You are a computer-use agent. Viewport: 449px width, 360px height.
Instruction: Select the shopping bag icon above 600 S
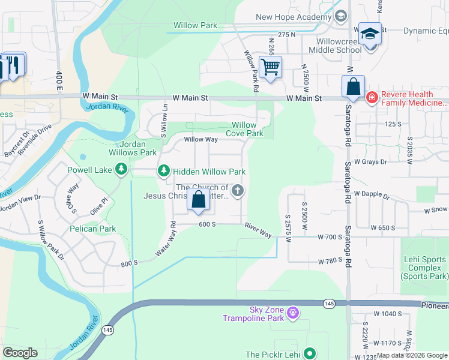[199, 200]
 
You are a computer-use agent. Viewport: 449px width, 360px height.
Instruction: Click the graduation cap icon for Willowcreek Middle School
[370, 34]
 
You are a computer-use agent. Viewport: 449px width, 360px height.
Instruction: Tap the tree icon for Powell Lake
[122, 170]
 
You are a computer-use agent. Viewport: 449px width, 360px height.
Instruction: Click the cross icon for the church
[238, 191]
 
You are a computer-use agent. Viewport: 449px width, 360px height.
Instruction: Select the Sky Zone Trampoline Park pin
[292, 312]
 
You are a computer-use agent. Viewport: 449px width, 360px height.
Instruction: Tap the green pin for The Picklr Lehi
[310, 354]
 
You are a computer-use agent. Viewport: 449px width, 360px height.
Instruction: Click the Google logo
[20, 353]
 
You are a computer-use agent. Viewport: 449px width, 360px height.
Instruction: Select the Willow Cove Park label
[247, 129]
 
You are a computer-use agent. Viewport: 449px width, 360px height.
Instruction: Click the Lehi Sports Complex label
[424, 268]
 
